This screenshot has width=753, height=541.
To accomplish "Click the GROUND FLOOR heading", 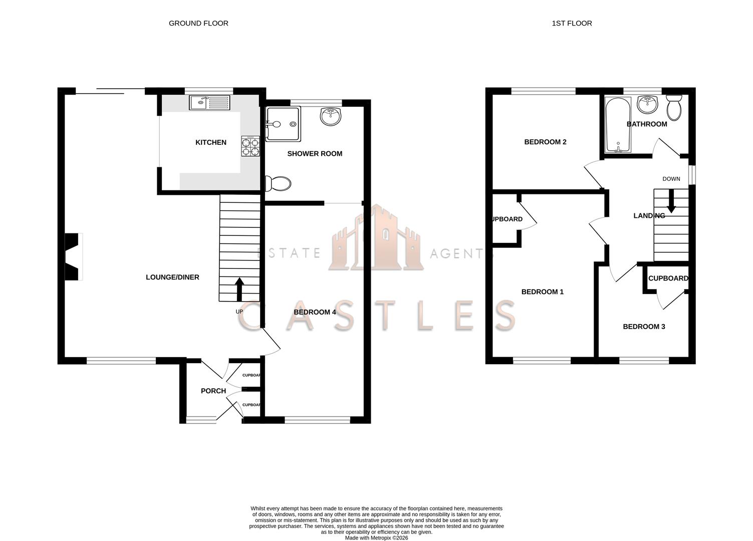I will point(198,23).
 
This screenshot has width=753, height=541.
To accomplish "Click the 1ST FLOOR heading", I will point(572,23).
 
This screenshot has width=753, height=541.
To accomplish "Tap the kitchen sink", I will point(209,103).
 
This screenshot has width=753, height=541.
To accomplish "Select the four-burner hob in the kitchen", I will point(251,146).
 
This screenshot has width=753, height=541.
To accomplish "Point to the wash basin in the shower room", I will point(331,116).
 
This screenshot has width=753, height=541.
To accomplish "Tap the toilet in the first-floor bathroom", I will point(674,107).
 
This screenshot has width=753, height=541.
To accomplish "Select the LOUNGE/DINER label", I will point(172,277).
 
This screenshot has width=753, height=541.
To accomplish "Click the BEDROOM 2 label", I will point(545,142).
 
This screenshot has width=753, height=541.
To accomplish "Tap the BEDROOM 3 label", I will point(644,327).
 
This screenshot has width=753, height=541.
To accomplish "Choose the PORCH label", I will point(213,391).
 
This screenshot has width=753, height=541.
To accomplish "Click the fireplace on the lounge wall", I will point(73,256).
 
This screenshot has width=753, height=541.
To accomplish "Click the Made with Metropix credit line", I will point(376,538).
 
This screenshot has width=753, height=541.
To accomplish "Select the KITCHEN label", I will point(210,142).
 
